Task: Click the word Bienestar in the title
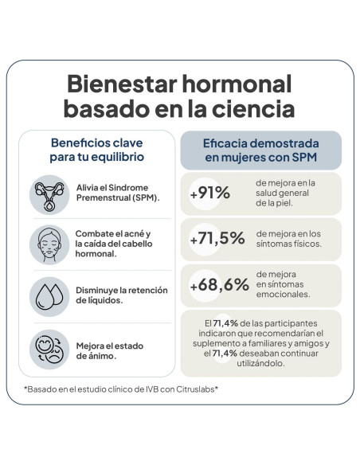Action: (x=122, y=84)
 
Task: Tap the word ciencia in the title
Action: (x=253, y=108)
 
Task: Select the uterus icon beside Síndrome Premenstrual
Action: (x=49, y=195)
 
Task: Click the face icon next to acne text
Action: (x=49, y=244)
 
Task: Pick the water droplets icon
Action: (x=49, y=297)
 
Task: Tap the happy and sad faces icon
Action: (x=49, y=350)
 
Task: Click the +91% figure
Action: (x=210, y=193)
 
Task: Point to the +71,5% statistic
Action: (x=217, y=238)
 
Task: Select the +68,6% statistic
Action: (x=220, y=285)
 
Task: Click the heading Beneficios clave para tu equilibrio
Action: (x=97, y=150)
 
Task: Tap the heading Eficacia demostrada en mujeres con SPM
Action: (x=261, y=150)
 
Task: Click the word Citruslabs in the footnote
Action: (x=195, y=389)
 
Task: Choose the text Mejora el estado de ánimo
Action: (x=110, y=351)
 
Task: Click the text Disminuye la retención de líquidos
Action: (x=122, y=295)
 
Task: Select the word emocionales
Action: (x=284, y=294)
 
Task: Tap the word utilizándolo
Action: (x=260, y=363)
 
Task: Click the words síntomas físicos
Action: (x=289, y=244)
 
